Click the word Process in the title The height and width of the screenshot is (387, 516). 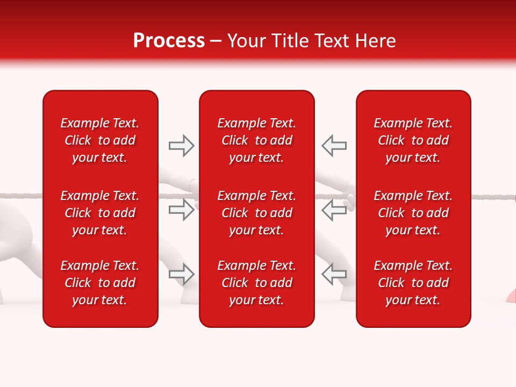pyautogui.click(x=169, y=41)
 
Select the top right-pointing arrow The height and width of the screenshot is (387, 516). pyautogui.click(x=181, y=146)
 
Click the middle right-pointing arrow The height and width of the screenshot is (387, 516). pyautogui.click(x=181, y=210)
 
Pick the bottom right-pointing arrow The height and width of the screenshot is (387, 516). pyautogui.click(x=181, y=274)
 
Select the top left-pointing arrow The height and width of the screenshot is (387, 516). pyautogui.click(x=334, y=146)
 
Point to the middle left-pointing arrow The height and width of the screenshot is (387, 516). pyautogui.click(x=334, y=210)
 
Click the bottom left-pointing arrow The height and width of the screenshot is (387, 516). pyautogui.click(x=334, y=274)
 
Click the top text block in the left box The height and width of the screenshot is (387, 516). pyautogui.click(x=100, y=140)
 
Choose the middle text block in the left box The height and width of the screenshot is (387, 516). pyautogui.click(x=100, y=213)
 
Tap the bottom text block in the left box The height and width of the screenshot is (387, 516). pyautogui.click(x=100, y=283)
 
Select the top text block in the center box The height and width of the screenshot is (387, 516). pyautogui.click(x=256, y=140)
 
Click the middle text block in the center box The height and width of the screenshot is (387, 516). pyautogui.click(x=256, y=213)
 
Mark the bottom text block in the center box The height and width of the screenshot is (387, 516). pyautogui.click(x=256, y=283)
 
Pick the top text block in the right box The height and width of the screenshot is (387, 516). pyautogui.click(x=413, y=140)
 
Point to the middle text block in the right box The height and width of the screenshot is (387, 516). pyautogui.click(x=413, y=213)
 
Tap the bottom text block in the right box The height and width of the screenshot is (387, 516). pyautogui.click(x=413, y=283)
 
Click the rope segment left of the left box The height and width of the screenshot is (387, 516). pyautogui.click(x=21, y=196)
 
